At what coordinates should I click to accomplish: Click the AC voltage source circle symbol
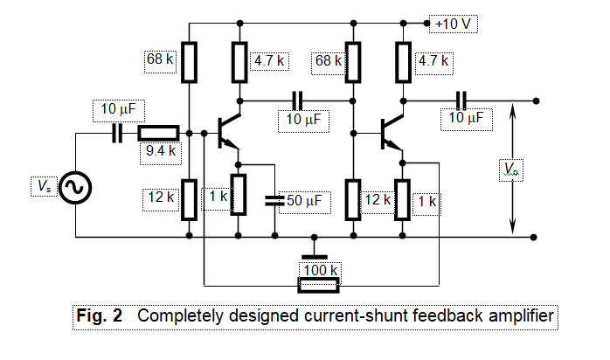pos(76,186)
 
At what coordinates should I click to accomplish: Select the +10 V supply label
pos(455,24)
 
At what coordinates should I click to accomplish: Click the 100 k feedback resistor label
pos(320,269)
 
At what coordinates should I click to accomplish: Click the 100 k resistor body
pos(319,285)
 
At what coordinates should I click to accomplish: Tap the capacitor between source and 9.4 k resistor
pos(116,134)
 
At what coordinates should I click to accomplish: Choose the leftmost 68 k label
pos(160,61)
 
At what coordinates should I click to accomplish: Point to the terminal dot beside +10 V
pos(427,24)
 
